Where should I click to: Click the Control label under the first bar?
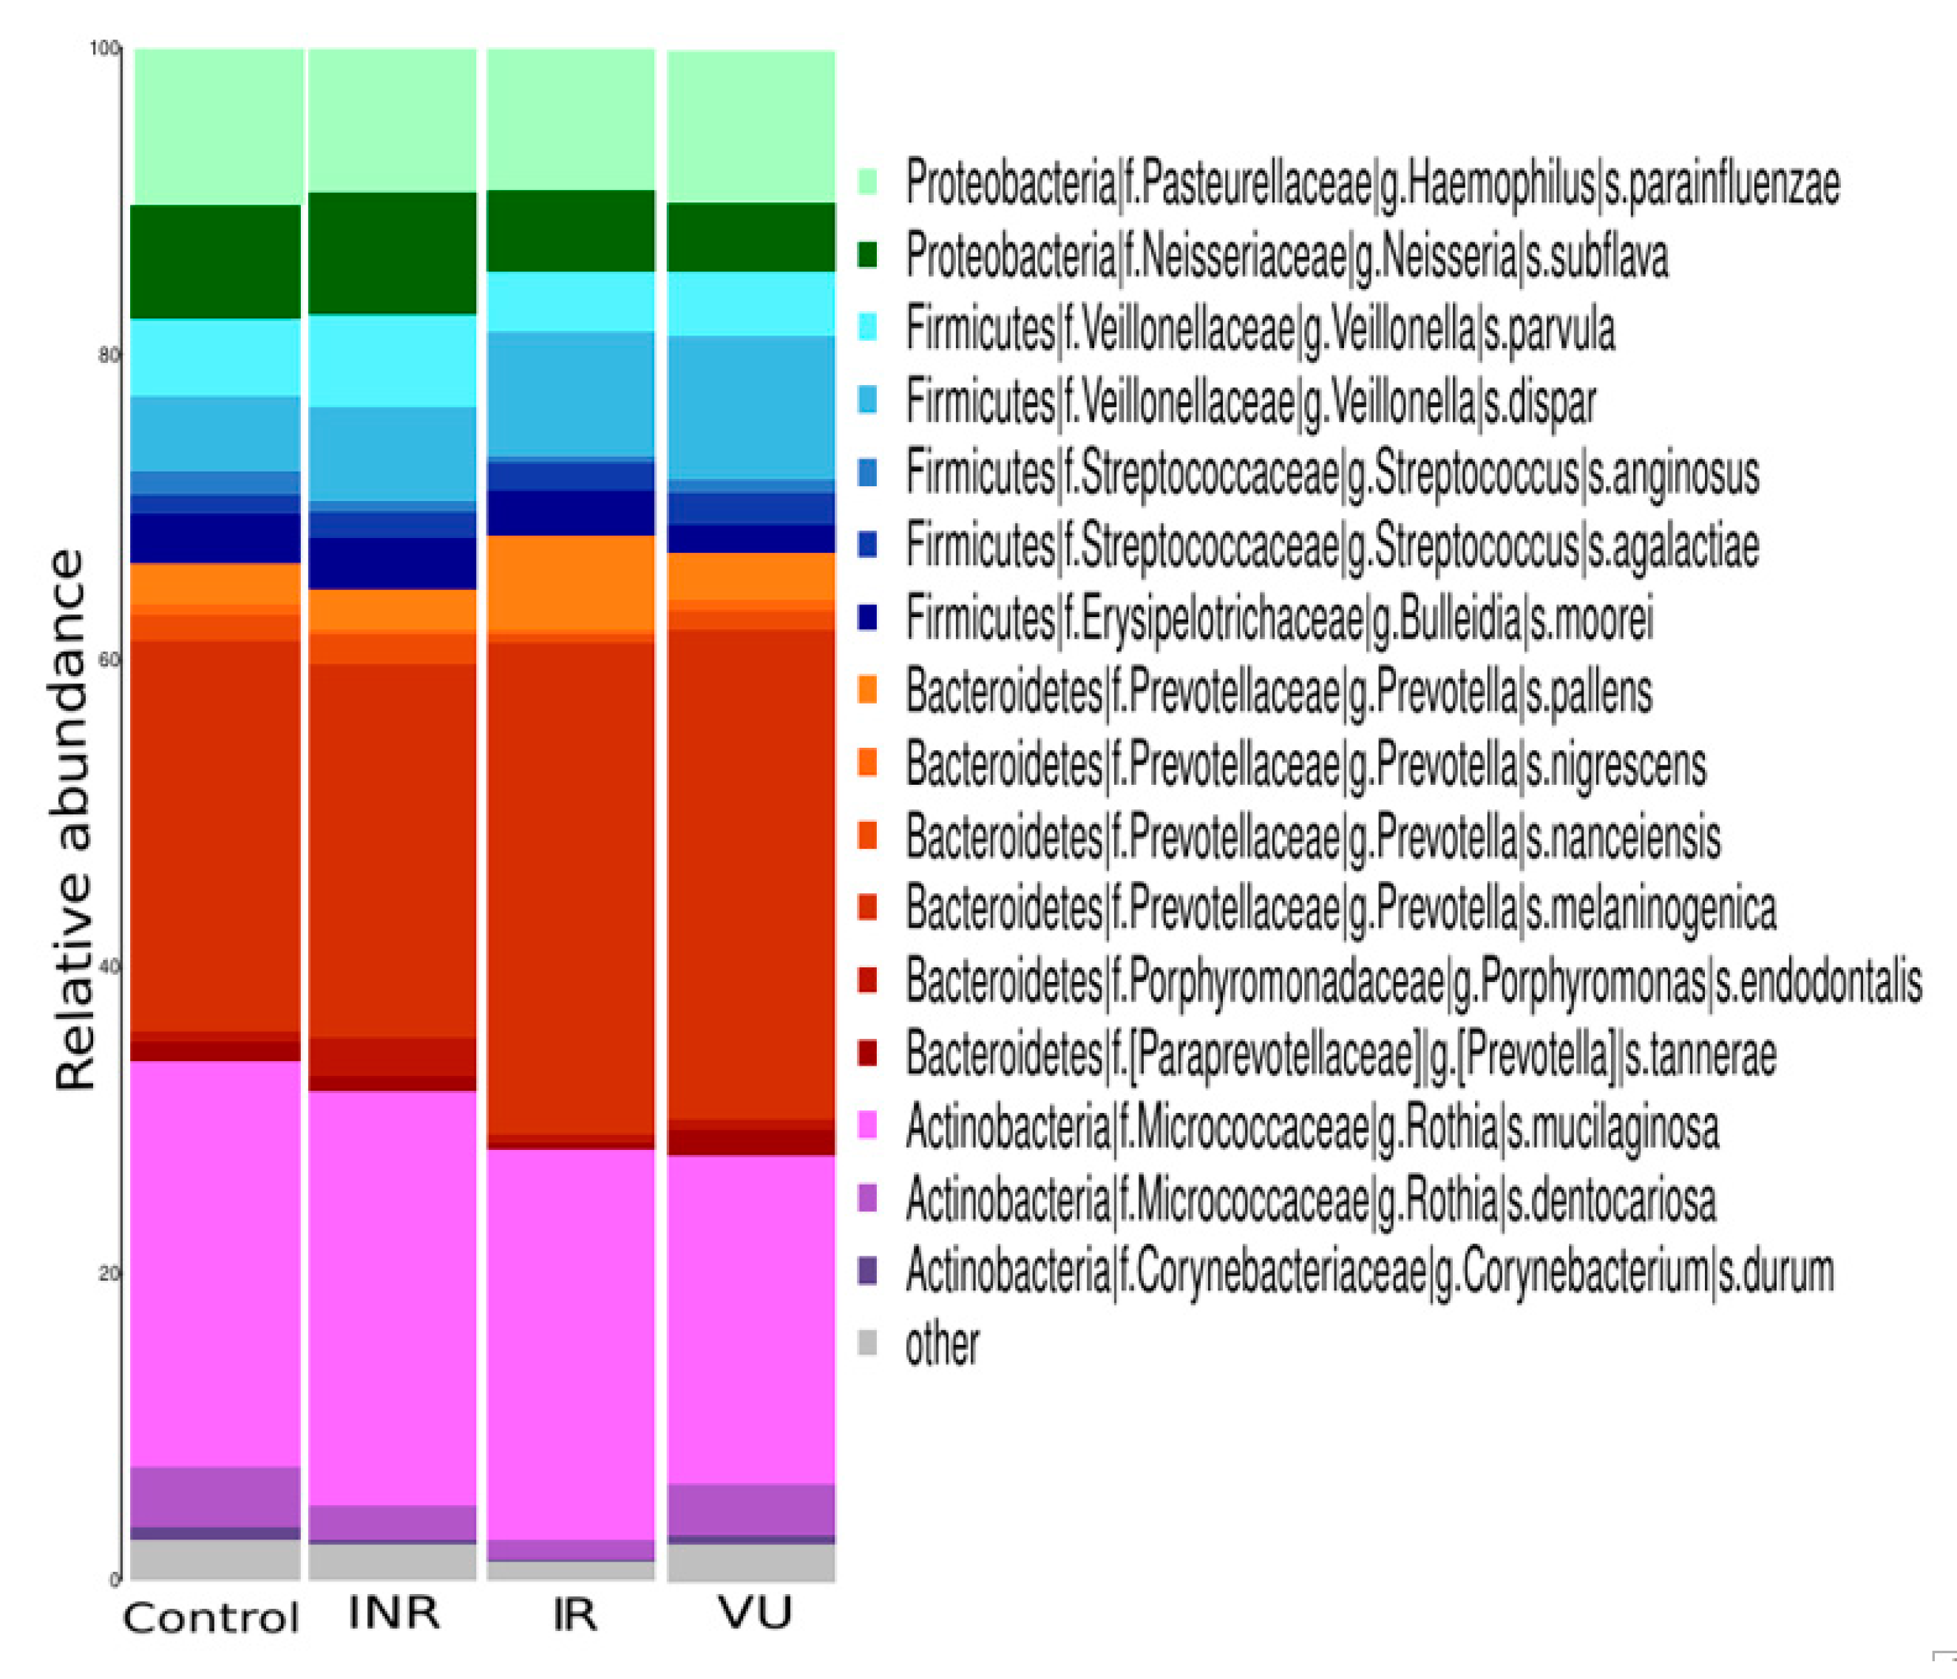211,1617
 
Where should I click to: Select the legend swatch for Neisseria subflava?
866,255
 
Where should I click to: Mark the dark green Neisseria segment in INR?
393,253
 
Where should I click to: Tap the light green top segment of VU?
751,126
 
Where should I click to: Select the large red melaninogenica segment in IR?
572,888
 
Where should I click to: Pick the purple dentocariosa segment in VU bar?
751,1509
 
